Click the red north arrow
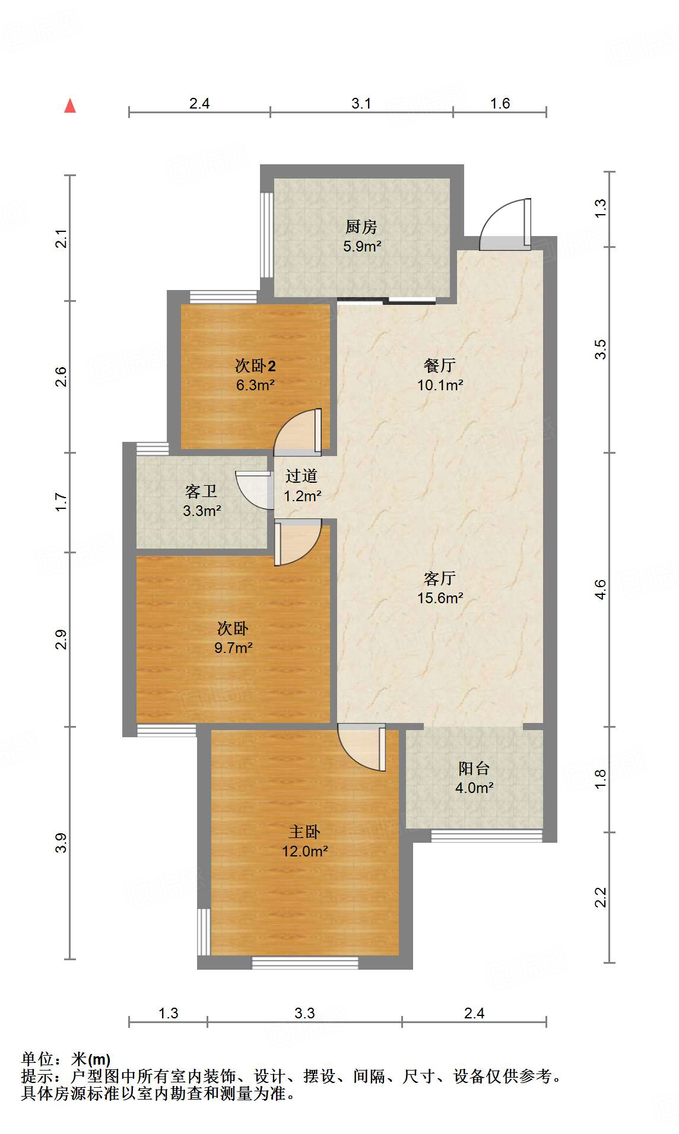pos(70,106)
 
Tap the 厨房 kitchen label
pos(361,227)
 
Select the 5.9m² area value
pos(361,246)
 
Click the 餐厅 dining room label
pos(439,365)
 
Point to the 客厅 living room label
pos(440,578)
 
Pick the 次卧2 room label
pos(255,366)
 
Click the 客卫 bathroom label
pos(201,491)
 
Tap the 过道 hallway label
pos(302,476)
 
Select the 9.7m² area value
pos(233,648)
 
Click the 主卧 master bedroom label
pos(304,832)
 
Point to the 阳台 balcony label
pos(474,769)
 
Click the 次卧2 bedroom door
pos(300,432)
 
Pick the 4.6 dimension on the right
pos(600,590)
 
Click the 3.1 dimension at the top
pos(361,103)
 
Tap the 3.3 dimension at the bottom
pos(304,1013)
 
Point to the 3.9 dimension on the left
pos(61,843)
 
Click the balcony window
pos(486,836)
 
